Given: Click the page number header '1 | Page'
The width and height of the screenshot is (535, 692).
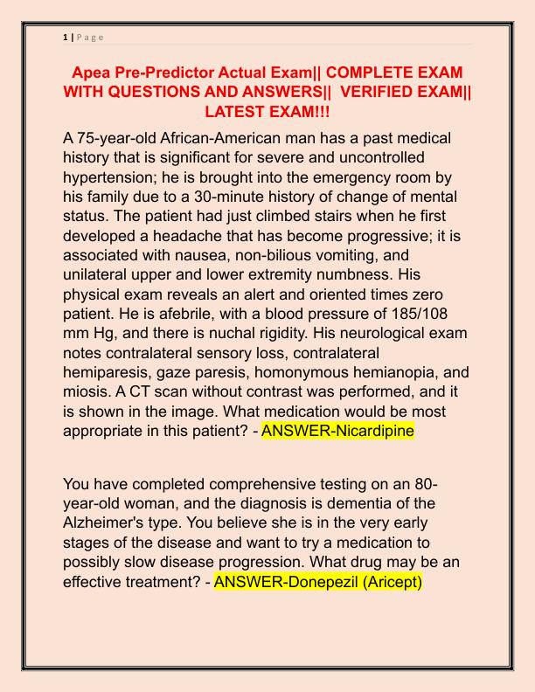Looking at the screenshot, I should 83,37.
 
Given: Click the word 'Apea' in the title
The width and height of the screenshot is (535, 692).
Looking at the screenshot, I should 93,72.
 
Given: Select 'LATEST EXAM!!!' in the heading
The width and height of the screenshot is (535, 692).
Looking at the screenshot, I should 267,113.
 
